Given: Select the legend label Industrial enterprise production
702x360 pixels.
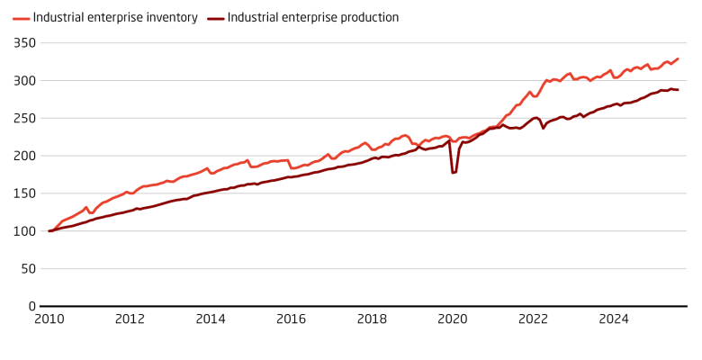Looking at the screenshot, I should pos(313,17).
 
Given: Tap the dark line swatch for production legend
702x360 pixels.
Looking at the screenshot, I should pos(214,17).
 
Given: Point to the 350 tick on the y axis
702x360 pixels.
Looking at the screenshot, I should pos(25,42).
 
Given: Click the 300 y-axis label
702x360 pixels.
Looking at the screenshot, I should pos(25,80).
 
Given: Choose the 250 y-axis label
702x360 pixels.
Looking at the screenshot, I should pos(25,118).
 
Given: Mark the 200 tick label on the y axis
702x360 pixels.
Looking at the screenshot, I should pos(25,156).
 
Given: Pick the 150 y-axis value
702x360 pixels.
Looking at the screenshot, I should pos(25,193).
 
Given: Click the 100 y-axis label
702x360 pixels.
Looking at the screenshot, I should pos(25,231).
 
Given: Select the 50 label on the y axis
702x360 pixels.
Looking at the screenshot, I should pos(28,268).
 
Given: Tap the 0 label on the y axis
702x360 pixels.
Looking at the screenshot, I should pos(31,306).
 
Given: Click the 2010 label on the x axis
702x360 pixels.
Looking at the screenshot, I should pos(49,319).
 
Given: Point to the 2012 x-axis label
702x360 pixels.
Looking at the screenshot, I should pos(130,319).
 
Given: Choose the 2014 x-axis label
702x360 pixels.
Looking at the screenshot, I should pos(211,319).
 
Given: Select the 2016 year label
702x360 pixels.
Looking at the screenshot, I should pos(291,319).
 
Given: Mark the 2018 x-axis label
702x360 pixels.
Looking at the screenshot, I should pos(372,319).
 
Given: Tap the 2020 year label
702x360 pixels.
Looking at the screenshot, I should pos(453,319).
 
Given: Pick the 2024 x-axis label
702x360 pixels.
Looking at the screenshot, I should pos(614,319).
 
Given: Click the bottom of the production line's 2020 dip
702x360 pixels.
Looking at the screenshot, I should pos(454,172).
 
